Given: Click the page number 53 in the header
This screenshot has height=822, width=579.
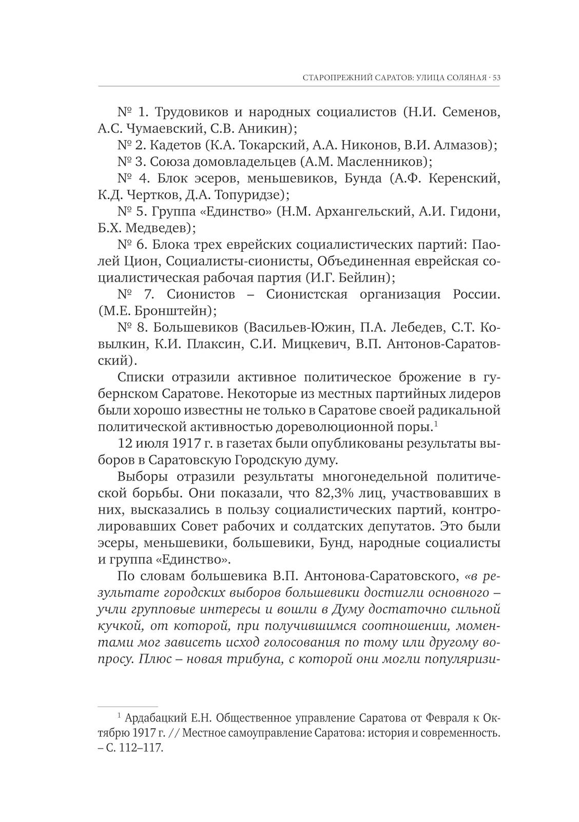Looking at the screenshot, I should (496, 78).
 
